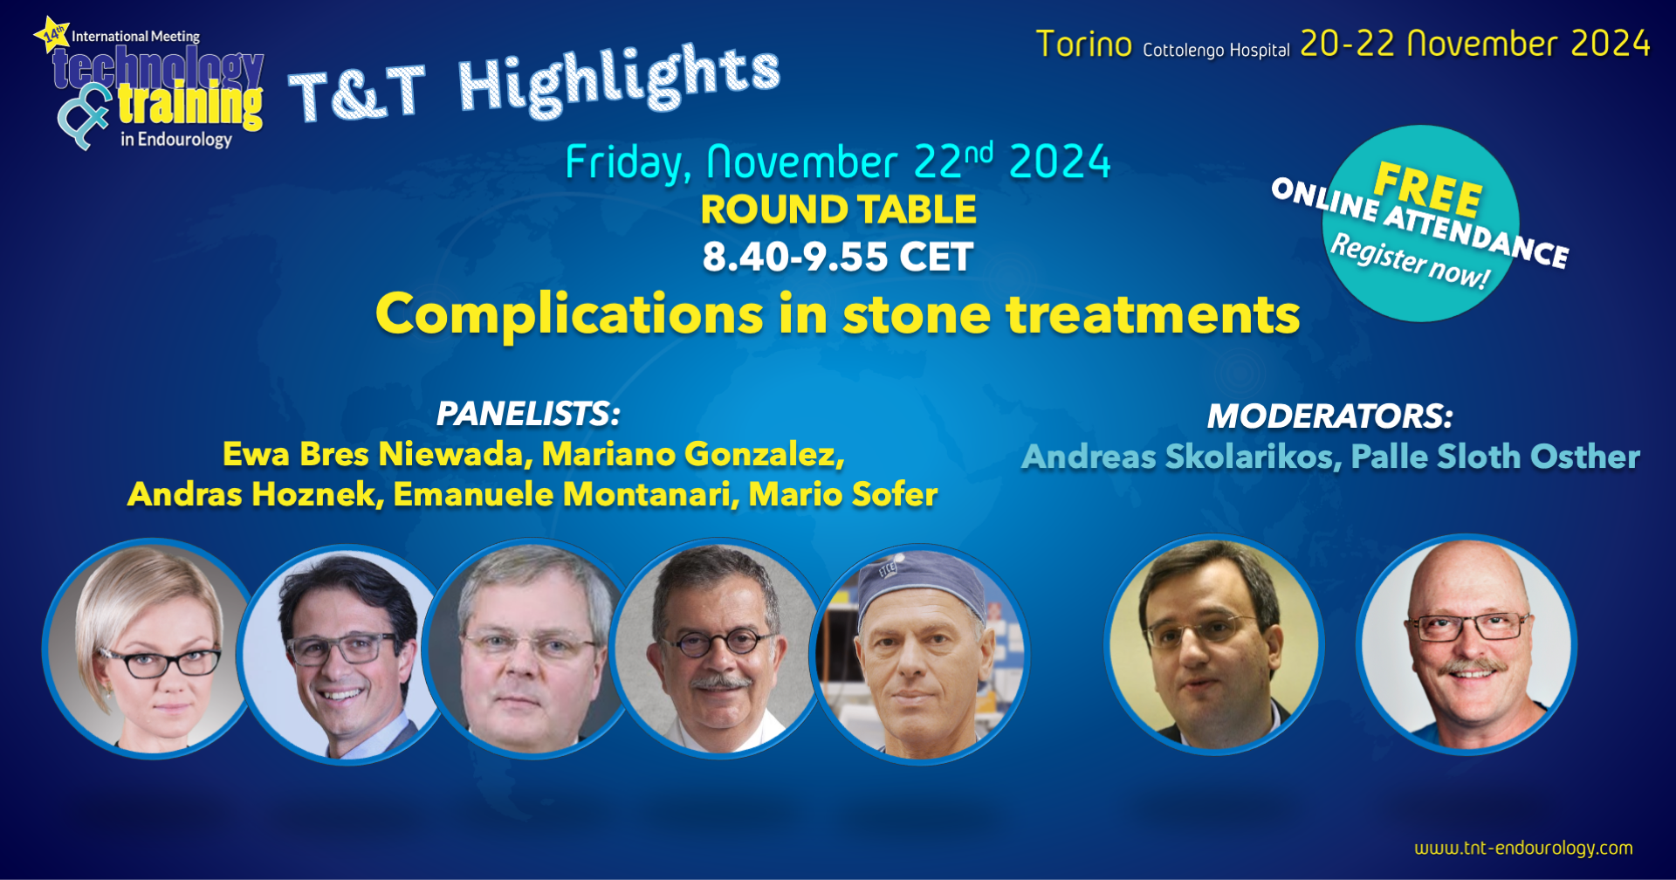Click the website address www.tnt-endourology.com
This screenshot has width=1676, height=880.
point(1523,848)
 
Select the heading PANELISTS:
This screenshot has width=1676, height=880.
point(528,414)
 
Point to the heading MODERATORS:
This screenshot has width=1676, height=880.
point(1329,416)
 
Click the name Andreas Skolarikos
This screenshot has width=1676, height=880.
point(1179,457)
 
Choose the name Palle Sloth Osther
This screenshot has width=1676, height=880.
point(1495,457)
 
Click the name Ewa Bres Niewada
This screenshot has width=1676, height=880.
point(374,454)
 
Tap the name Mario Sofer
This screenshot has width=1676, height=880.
point(843,494)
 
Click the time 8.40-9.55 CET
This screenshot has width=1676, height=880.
point(838,257)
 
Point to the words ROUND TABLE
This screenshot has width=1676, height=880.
point(838,210)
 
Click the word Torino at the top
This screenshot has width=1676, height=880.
point(1084,45)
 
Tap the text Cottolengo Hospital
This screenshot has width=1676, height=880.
point(1216,50)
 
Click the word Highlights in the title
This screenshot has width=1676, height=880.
point(619,79)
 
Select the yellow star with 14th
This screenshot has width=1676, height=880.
point(52,34)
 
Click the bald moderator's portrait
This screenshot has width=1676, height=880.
point(1466,644)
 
